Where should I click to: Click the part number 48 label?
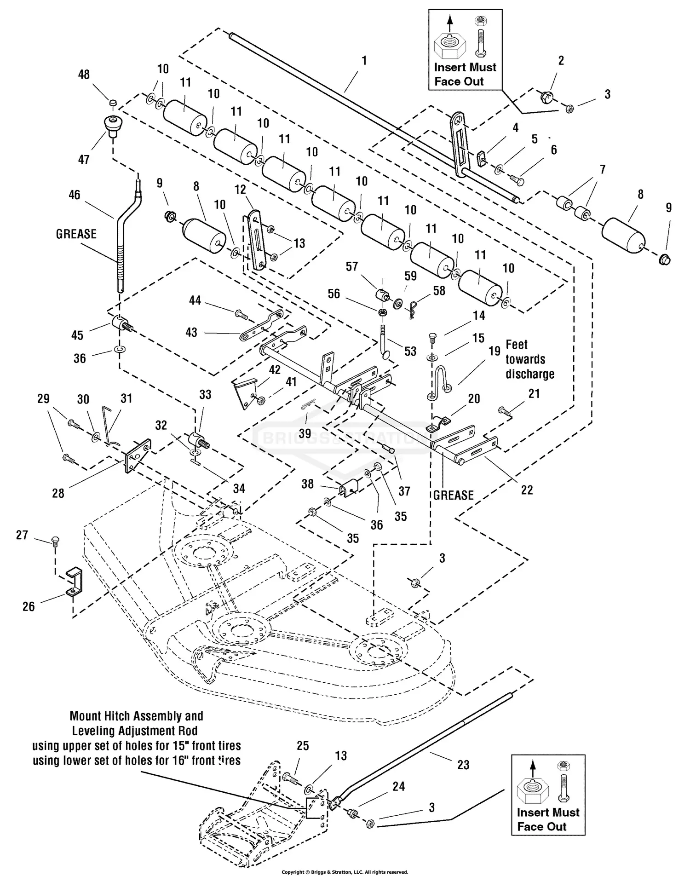pos(84,75)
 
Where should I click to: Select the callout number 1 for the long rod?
pos(364,60)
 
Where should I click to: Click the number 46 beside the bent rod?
pos(75,195)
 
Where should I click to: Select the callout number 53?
pos(410,351)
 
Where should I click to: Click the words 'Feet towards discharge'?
pos(529,359)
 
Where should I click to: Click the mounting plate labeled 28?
pos(137,454)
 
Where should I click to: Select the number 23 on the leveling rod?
pos(463,765)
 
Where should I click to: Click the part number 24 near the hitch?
pos(398,786)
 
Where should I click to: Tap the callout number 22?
pos(527,490)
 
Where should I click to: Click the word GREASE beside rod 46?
pos(76,234)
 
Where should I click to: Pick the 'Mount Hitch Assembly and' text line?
pos(136,716)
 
